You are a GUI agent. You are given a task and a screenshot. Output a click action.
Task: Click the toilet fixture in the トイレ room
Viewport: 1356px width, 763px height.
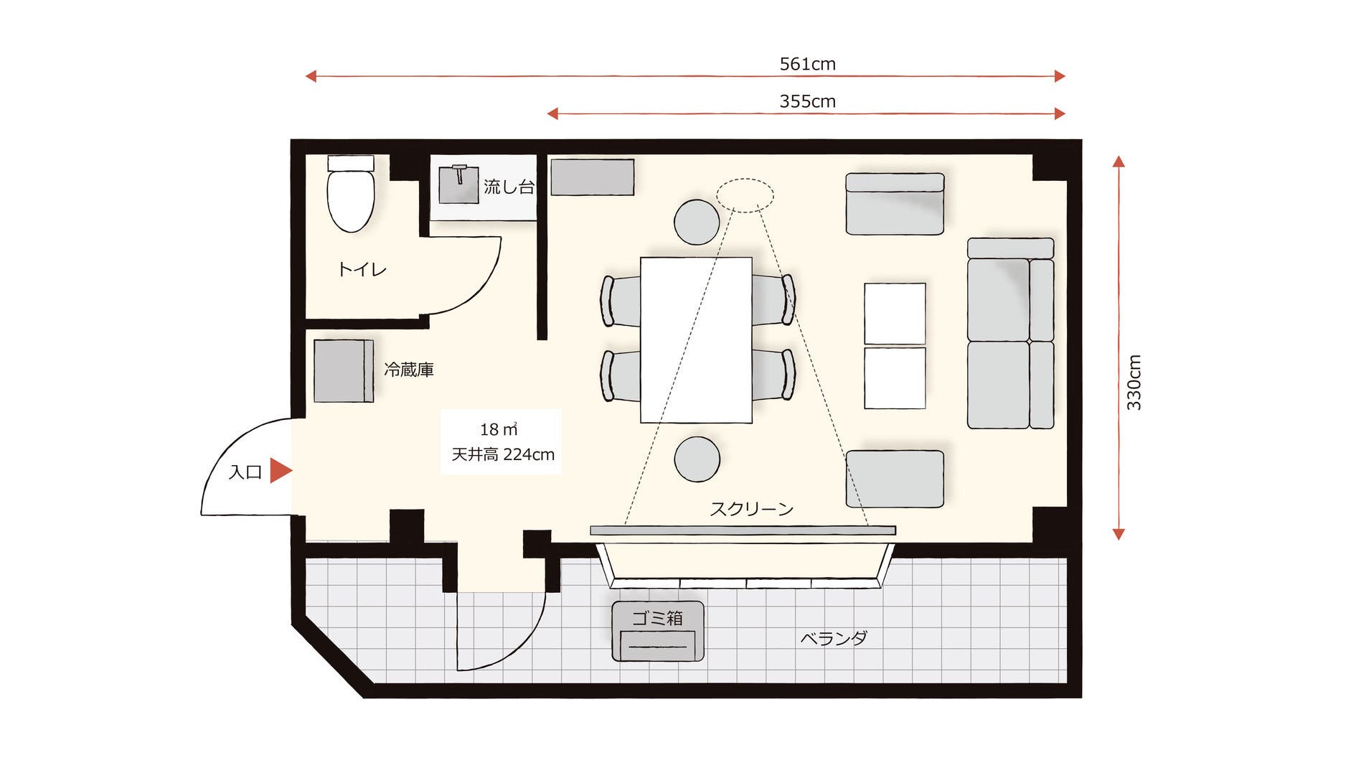tap(351, 193)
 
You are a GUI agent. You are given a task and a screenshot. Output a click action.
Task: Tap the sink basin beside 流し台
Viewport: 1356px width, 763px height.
tap(459, 184)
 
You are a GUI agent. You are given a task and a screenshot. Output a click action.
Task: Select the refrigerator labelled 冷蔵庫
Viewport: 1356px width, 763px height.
tap(344, 370)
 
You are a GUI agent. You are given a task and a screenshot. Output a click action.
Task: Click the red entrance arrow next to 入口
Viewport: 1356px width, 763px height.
tap(281, 471)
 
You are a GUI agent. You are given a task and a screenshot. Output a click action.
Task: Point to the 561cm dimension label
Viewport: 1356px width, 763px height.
tap(807, 64)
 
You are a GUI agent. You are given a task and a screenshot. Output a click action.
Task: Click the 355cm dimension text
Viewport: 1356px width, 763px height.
tap(807, 101)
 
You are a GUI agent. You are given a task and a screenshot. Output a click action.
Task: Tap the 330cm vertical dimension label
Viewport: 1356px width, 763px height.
tap(1134, 383)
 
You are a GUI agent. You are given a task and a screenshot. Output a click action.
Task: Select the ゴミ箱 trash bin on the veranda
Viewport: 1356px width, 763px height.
tap(658, 631)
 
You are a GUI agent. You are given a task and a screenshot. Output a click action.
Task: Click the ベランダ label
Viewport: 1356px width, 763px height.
tap(834, 637)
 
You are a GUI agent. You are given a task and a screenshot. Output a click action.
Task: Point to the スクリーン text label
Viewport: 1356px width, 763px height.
tap(752, 509)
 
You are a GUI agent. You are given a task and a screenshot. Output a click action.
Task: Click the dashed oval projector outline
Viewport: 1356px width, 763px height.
tap(745, 195)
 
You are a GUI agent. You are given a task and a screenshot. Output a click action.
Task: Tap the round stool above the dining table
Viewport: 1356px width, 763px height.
tap(697, 222)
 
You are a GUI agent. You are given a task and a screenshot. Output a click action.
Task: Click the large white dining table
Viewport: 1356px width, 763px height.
tap(696, 340)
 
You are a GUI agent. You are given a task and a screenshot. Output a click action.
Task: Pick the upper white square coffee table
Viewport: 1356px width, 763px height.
tap(895, 314)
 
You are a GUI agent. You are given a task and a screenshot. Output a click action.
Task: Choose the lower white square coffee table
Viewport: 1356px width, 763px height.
tap(895, 378)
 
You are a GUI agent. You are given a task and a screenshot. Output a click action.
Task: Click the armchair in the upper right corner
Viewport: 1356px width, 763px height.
tap(895, 203)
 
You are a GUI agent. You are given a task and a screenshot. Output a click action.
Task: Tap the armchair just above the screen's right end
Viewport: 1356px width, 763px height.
tap(895, 479)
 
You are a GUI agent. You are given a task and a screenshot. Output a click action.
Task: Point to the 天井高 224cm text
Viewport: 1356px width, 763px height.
tap(503, 454)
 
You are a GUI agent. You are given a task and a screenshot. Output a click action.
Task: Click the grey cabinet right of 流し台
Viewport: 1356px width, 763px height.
tap(592, 177)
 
